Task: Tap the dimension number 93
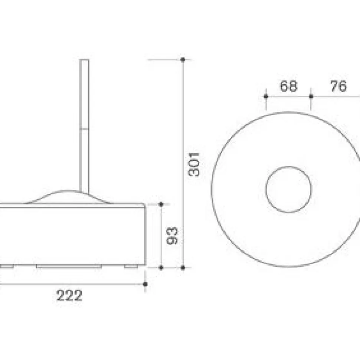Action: click(172, 236)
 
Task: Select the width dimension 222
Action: click(69, 296)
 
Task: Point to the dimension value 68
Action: click(289, 86)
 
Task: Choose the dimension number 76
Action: click(338, 86)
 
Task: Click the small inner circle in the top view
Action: click(289, 189)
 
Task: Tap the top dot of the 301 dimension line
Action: click(183, 60)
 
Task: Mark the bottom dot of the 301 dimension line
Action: click(183, 268)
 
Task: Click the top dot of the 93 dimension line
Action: click(161, 204)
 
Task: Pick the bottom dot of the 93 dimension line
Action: click(161, 268)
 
